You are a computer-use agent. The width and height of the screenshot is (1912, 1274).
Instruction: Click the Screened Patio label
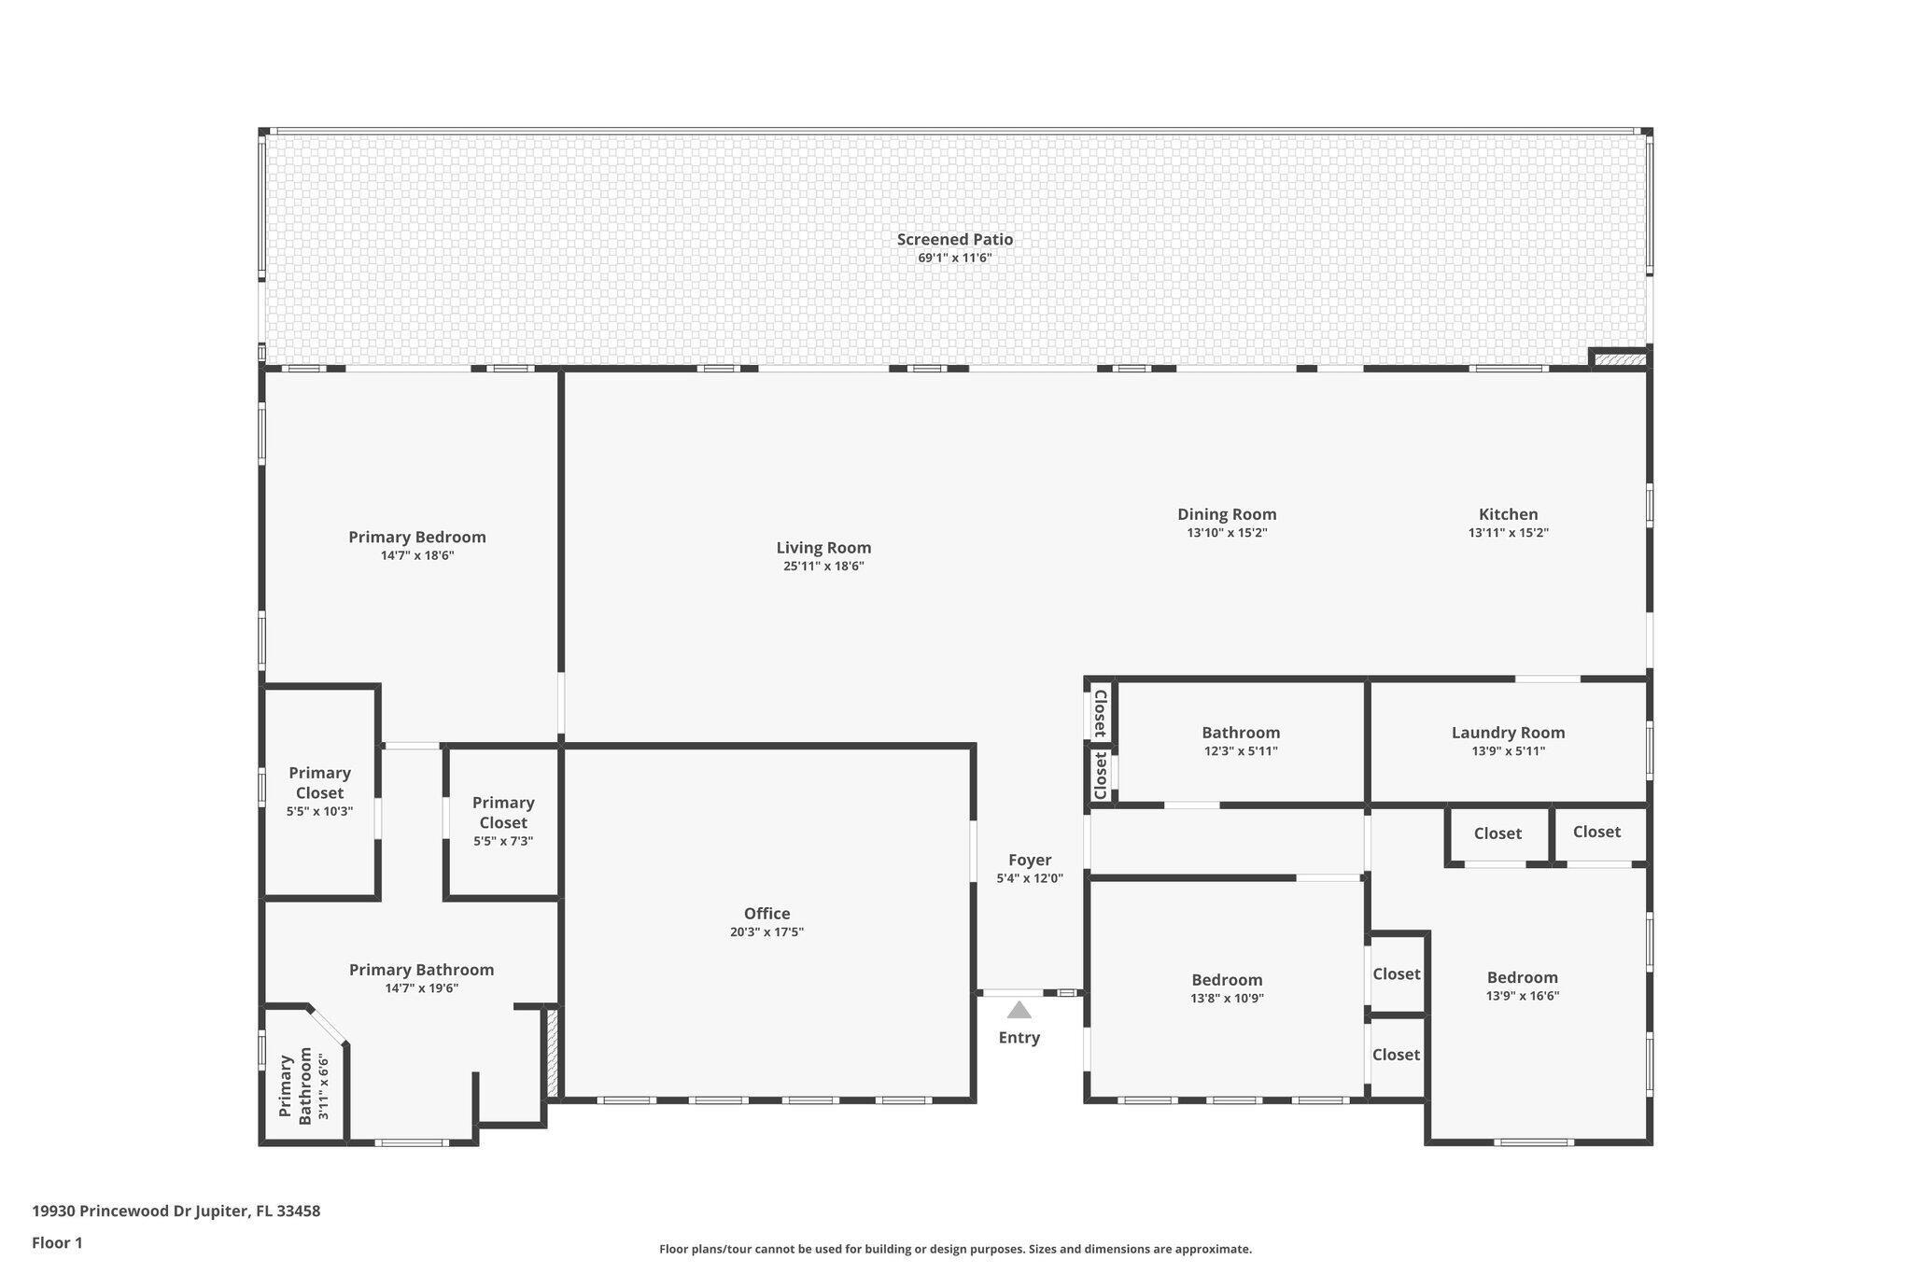point(955,240)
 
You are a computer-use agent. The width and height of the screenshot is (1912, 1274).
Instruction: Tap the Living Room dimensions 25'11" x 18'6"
point(823,566)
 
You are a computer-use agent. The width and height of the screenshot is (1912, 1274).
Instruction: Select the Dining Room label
point(1227,514)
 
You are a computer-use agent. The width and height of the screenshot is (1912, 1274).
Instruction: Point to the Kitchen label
point(1508,514)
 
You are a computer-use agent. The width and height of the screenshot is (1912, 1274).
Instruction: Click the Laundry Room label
point(1508,734)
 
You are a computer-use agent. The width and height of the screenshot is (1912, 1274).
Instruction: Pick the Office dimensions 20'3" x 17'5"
point(766,931)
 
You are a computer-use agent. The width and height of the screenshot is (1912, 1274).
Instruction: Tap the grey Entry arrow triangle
point(1019,1010)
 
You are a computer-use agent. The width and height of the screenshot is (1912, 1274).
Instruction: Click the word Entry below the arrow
point(1019,1038)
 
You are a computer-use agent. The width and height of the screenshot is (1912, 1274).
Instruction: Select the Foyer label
point(1030,861)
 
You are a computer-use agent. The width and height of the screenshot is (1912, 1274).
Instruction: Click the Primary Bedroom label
point(417,538)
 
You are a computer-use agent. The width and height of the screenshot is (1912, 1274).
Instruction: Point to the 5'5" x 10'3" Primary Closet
point(319,791)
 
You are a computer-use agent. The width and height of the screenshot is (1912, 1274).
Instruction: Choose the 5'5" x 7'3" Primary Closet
point(503,821)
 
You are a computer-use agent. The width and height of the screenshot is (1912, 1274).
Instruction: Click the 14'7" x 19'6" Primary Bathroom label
point(421,971)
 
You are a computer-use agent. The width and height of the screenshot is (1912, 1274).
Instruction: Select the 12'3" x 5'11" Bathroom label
point(1241,734)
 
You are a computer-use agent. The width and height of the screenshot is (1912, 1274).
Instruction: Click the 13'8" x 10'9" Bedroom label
point(1227,980)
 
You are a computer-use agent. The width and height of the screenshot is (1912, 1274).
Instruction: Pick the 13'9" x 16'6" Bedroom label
point(1522,978)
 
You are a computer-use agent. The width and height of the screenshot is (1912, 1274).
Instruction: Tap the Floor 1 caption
point(57,1243)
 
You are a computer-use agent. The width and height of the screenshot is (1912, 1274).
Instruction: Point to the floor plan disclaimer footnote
point(955,1249)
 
